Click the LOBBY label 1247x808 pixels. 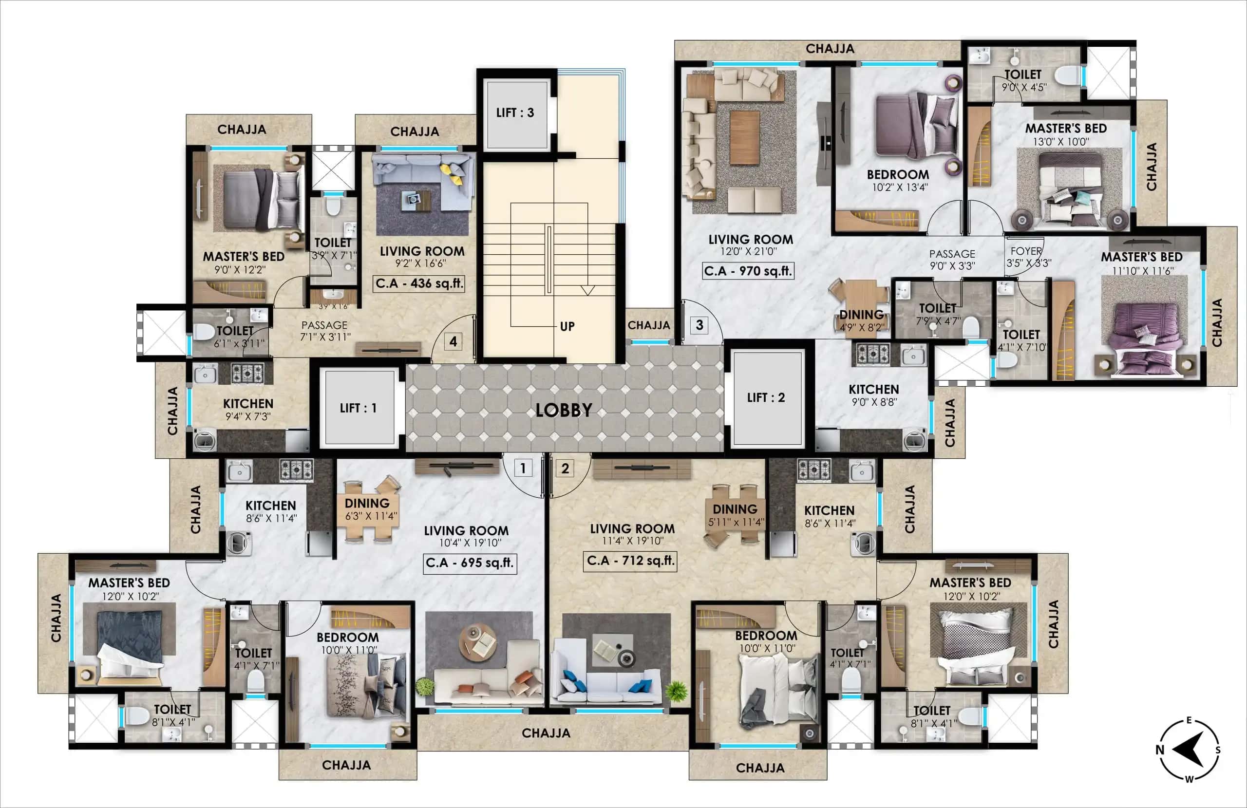564,410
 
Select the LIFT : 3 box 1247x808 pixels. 515,113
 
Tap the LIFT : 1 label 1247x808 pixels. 359,408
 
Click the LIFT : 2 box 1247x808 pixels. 767,398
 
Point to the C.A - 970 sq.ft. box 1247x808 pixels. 748,271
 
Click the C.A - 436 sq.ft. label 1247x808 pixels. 420,283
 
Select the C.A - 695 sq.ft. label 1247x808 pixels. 470,563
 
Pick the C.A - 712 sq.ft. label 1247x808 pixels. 630,561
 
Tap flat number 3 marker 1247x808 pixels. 699,325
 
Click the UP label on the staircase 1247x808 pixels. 567,326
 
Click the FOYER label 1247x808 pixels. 1026,251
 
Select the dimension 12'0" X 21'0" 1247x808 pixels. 748,251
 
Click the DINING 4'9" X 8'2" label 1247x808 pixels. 862,319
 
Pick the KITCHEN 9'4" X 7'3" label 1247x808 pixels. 248,409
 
